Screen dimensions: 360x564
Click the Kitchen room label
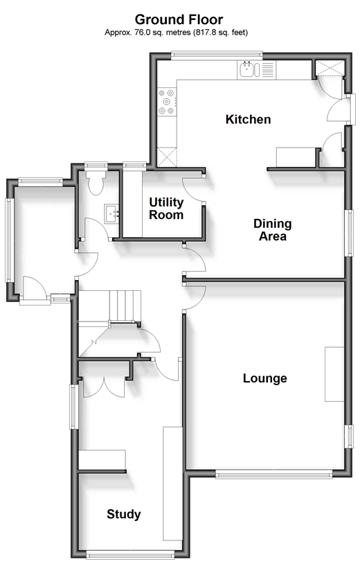(x=248, y=119)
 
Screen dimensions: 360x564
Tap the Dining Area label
(x=272, y=230)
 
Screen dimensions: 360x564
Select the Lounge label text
(x=264, y=378)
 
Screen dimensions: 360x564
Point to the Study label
(x=124, y=514)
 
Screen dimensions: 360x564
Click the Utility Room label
(x=166, y=209)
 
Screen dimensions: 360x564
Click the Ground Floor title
(x=179, y=19)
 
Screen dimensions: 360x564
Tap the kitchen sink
(x=249, y=70)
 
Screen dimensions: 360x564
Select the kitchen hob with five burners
(x=167, y=102)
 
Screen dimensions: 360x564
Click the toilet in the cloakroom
(x=96, y=182)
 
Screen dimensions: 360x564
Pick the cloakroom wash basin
(x=112, y=214)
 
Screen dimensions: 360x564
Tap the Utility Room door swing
(x=193, y=190)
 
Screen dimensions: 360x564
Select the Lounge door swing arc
(x=195, y=298)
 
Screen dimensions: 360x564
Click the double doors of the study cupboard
(x=104, y=387)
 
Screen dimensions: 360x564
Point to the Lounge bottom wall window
(x=274, y=475)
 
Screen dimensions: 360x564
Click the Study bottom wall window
(x=130, y=556)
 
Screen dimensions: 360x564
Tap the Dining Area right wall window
(x=349, y=233)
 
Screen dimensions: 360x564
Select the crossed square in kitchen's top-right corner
(x=330, y=68)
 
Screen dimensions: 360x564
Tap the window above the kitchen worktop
(x=217, y=55)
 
